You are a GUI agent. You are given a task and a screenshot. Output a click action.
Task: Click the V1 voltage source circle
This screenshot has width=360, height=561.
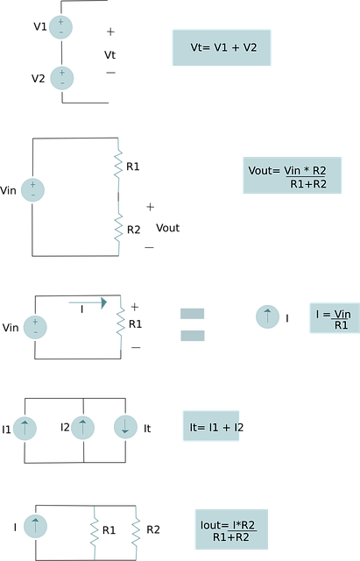pyautogui.click(x=60, y=27)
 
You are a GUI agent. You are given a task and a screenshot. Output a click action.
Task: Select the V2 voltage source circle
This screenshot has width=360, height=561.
pyautogui.click(x=62, y=78)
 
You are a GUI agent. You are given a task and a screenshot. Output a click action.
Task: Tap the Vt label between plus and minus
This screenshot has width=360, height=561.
pyautogui.click(x=109, y=54)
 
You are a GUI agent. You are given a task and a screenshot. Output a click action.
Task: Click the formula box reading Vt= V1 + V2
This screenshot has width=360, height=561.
pyautogui.click(x=222, y=47)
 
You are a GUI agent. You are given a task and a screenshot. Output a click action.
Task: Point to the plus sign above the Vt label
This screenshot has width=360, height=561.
pyautogui.click(x=111, y=32)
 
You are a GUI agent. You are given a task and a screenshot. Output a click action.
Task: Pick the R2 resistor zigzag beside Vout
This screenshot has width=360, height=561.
pyautogui.click(x=119, y=228)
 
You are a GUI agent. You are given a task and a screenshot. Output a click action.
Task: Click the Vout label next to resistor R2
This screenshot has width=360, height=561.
pyautogui.click(x=167, y=228)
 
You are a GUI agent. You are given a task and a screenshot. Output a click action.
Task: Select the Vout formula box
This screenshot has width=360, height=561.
pyautogui.click(x=292, y=175)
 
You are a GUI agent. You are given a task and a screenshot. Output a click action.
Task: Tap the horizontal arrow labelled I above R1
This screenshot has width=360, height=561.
pyautogui.click(x=88, y=302)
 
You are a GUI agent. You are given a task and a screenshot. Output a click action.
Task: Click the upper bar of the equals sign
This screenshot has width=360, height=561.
pyautogui.click(x=193, y=314)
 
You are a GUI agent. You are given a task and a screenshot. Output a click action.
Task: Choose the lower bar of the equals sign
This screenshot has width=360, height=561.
pyautogui.click(x=193, y=336)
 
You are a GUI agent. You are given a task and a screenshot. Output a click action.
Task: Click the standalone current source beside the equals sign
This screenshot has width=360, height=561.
pyautogui.click(x=267, y=316)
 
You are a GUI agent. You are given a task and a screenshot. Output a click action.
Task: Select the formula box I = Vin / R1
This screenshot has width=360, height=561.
pyautogui.click(x=335, y=318)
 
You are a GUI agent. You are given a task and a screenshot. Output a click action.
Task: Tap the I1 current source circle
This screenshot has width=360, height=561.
pyautogui.click(x=25, y=429)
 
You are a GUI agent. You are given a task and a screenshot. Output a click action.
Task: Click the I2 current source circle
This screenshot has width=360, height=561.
pyautogui.click(x=82, y=427)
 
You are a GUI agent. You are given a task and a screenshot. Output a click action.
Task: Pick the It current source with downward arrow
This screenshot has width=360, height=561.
pyautogui.click(x=125, y=427)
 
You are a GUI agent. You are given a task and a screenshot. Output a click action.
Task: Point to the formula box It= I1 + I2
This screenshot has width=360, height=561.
pyautogui.click(x=211, y=426)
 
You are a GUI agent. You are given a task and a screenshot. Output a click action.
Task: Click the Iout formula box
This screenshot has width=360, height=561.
pyautogui.click(x=231, y=529)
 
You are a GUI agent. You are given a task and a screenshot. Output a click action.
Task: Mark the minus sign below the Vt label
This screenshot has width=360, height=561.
pyautogui.click(x=111, y=73)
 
